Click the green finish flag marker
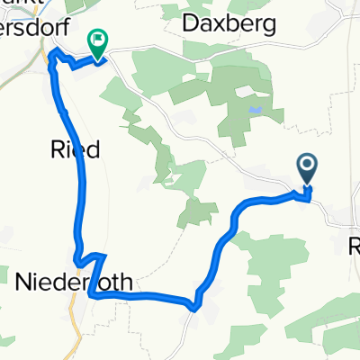coord(97,41)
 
